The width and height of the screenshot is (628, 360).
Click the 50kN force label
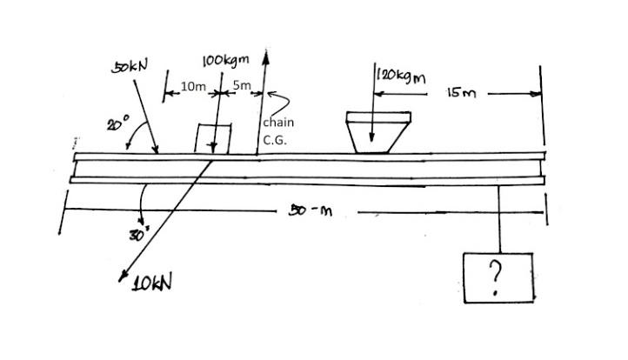point(130,66)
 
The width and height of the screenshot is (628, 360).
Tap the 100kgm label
point(225,60)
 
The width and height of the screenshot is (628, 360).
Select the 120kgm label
point(403,76)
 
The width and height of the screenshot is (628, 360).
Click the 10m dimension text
point(192,87)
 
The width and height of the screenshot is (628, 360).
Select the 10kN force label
point(150,283)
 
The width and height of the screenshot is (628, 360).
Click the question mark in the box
point(496,277)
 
